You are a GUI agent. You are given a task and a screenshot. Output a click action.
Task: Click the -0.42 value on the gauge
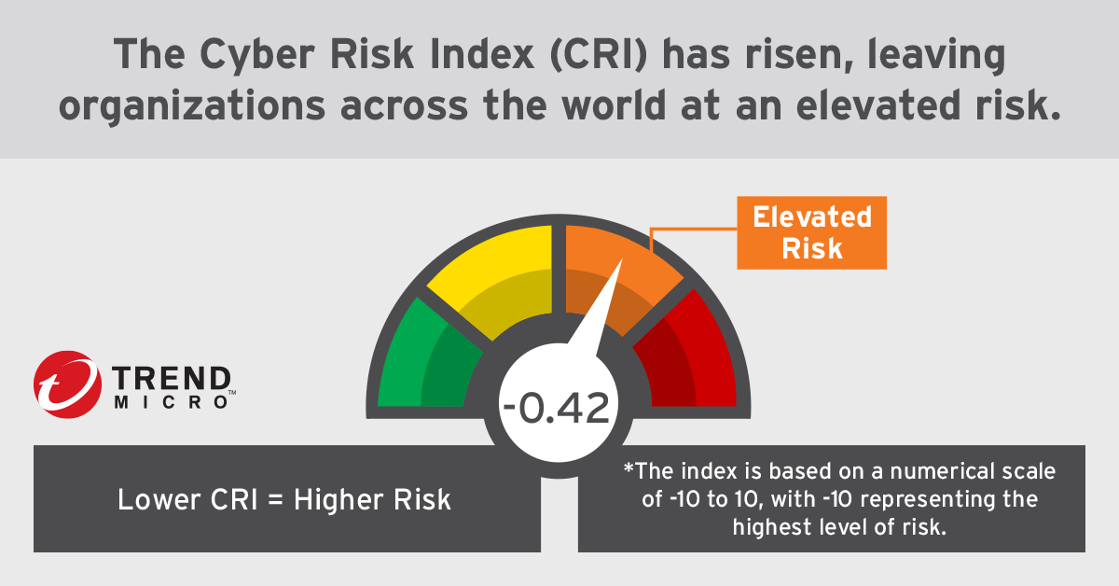coord(556,409)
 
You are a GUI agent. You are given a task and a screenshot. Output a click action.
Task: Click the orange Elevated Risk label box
coord(811,232)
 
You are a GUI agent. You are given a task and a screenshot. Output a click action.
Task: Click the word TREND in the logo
coord(172,378)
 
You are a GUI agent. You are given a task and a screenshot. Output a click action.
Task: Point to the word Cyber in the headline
coord(242,58)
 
